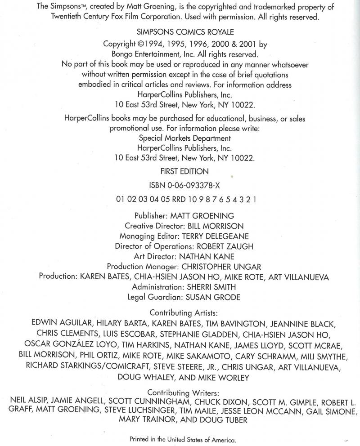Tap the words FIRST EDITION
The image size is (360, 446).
pyautogui.click(x=185, y=171)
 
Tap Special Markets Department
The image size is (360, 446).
pyautogui.click(x=185, y=138)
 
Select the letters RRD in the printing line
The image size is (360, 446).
pyautogui.click(x=181, y=199)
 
